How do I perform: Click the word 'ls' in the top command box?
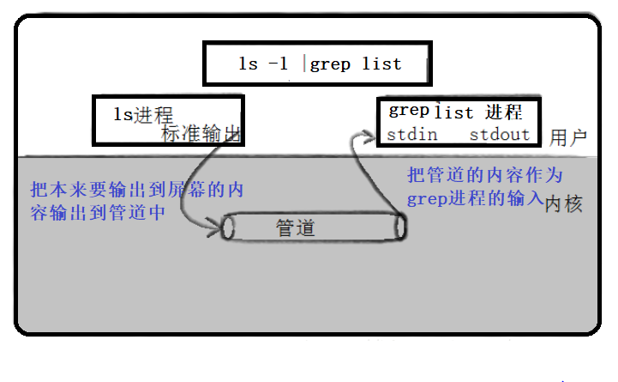click(249, 64)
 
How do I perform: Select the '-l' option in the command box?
click(279, 64)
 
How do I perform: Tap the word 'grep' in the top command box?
click(329, 64)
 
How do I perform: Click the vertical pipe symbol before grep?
click(304, 64)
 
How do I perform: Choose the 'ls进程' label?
click(144, 113)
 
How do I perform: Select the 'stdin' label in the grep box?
click(412, 135)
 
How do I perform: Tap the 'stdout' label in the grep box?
click(500, 135)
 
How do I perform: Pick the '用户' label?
click(568, 137)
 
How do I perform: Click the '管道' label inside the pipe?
click(296, 227)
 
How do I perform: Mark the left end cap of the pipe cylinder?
click(228, 227)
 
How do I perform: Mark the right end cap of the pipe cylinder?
click(399, 227)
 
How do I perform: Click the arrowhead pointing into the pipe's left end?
click(215, 227)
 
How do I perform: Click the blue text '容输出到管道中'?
click(97, 212)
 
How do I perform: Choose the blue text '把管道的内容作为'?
click(484, 176)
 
